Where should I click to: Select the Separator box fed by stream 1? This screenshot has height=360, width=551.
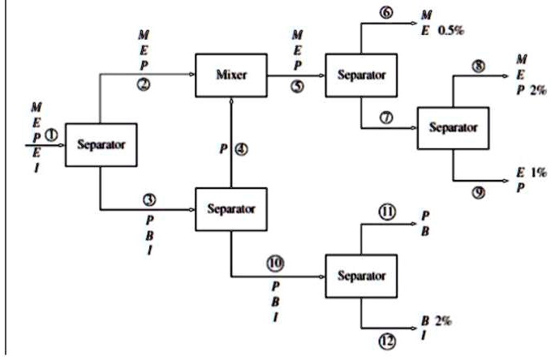[100, 146]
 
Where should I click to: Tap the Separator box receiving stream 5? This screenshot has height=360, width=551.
[361, 75]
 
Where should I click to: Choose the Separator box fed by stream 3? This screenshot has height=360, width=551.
[231, 208]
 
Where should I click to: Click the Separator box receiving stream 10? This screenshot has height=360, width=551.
[360, 276]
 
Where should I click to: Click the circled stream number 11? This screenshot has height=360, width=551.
[387, 213]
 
